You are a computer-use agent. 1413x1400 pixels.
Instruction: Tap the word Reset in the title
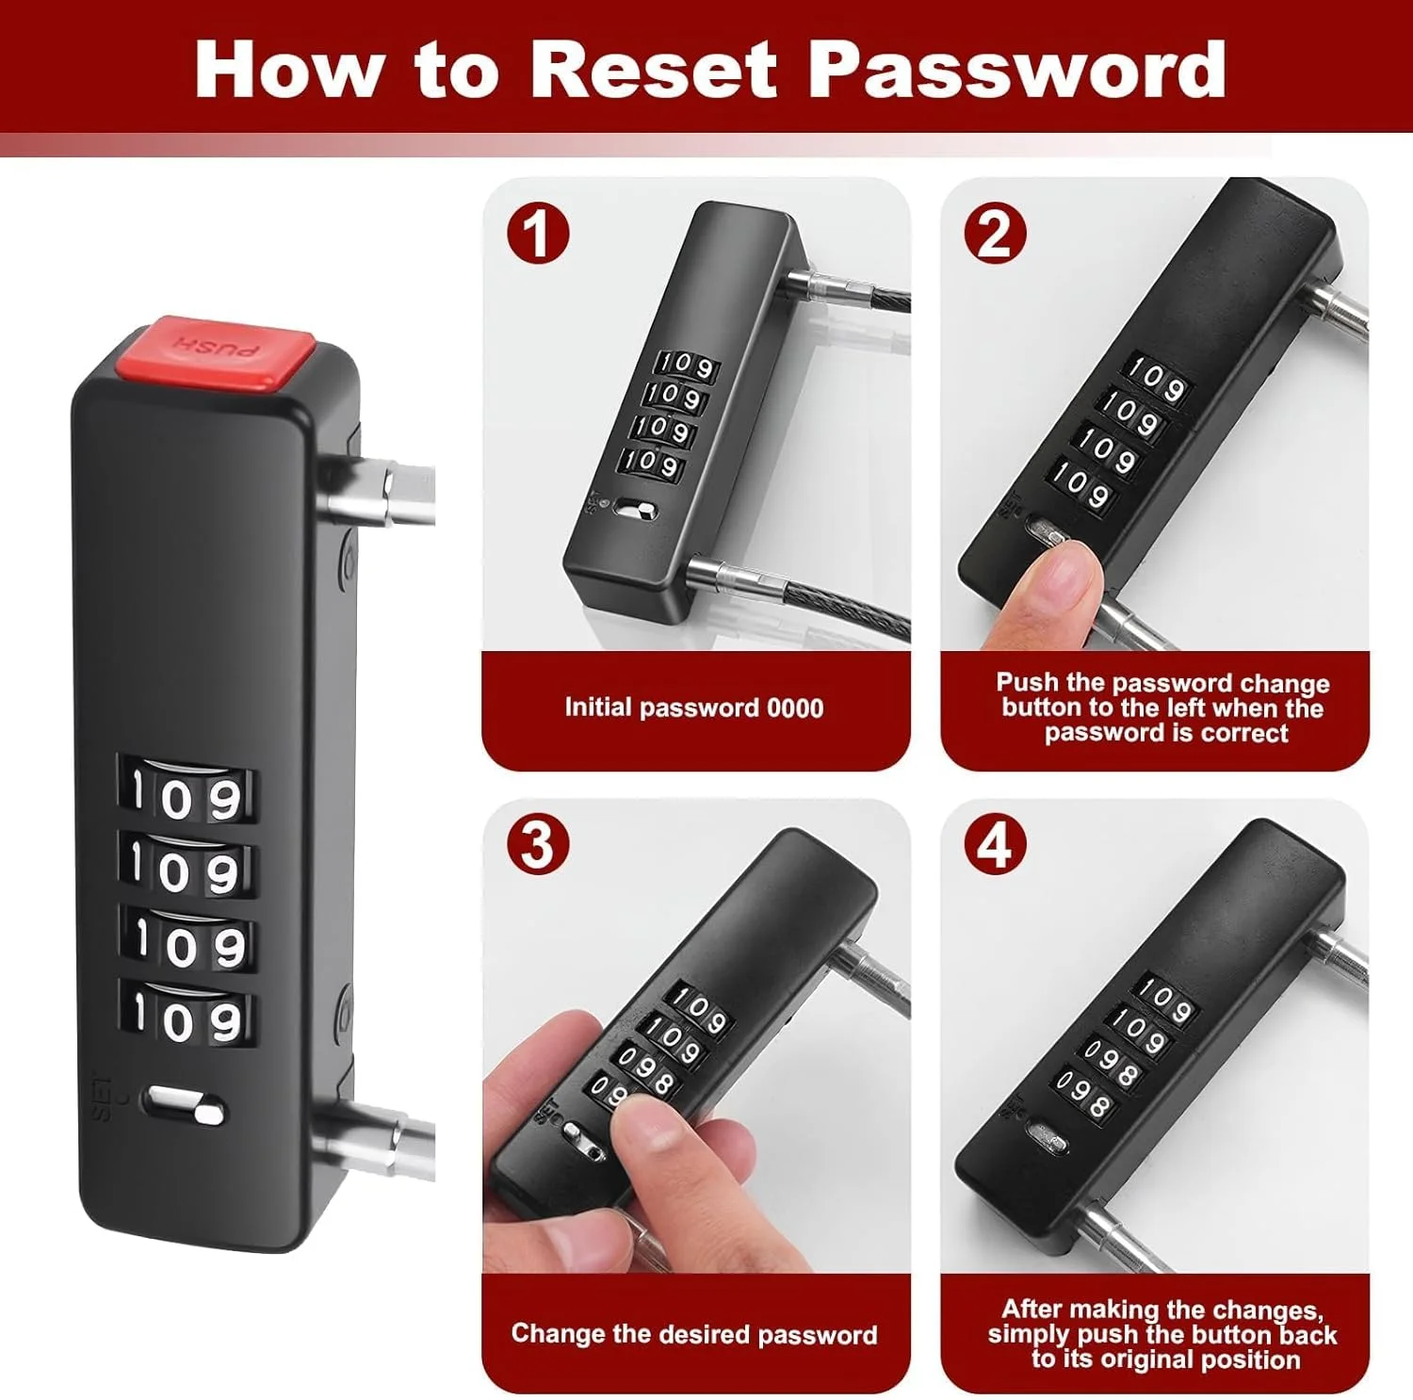click(653, 69)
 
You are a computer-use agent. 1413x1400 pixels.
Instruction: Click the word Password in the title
click(1017, 69)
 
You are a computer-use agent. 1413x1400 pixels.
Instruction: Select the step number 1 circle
click(538, 234)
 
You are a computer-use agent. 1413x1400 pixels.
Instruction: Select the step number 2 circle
click(996, 234)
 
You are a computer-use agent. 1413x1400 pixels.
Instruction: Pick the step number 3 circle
click(538, 845)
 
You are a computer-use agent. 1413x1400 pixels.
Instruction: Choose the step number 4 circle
click(996, 845)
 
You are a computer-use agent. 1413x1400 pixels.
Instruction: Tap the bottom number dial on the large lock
click(187, 1018)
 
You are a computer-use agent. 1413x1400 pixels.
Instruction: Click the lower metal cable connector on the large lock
click(377, 1142)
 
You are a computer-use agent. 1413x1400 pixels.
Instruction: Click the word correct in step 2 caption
click(1245, 733)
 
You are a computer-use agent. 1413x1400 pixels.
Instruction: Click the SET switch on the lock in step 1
click(637, 511)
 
